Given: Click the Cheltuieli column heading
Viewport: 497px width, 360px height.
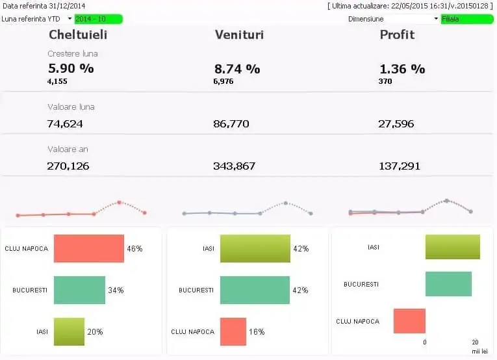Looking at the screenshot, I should point(78,34).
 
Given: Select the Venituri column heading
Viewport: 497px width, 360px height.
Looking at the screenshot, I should point(239,34).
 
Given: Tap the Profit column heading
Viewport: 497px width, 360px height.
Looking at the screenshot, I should point(397,34).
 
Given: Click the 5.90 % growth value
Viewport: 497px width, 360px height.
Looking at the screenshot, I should point(71,68).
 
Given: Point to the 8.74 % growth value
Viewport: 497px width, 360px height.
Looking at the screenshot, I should point(237,68).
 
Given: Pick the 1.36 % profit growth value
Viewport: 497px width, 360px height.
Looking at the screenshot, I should point(401,68).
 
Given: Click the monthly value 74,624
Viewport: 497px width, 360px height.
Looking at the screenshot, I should point(65,123).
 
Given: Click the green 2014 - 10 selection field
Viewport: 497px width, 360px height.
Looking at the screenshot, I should point(97,19).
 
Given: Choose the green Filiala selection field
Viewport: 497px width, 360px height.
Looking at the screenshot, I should point(466,19).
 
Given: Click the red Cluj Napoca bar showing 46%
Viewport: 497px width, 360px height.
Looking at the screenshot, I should point(88,248).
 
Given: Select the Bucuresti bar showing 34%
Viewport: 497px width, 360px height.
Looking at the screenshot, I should point(79,290).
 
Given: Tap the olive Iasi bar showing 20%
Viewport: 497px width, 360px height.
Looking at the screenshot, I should point(69,331).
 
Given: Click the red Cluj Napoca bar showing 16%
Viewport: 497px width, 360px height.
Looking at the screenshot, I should point(233,331).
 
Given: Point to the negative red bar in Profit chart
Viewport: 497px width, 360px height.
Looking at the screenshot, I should point(409,321).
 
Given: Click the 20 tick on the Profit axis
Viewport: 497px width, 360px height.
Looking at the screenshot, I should point(475,342).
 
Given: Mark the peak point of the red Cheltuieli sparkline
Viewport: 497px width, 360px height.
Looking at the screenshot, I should point(120,202).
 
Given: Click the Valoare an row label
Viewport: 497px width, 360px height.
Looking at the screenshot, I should point(68,149).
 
